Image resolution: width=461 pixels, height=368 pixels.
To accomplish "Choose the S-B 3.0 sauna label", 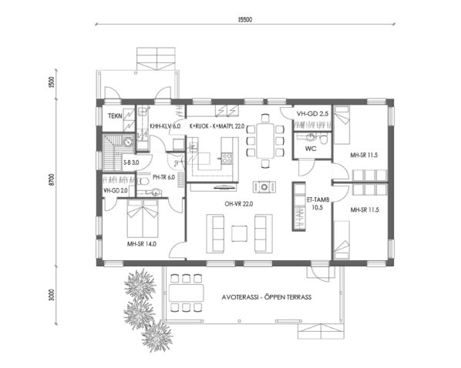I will coord(131,163).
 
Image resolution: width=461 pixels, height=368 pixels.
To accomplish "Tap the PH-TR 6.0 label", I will coord(165,177).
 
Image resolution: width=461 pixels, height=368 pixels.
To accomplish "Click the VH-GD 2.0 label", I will coord(115,189).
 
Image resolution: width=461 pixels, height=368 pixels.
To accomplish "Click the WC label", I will coord(311,148).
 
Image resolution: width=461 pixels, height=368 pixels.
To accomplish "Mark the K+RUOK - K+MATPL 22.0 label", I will coord(217,125).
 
